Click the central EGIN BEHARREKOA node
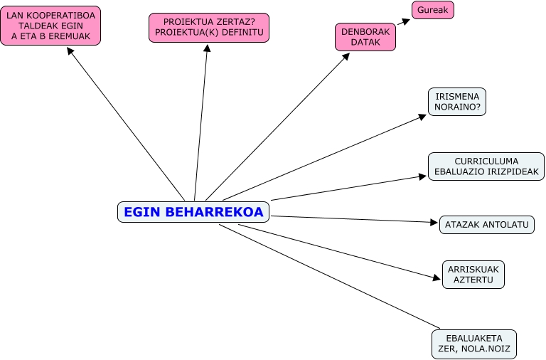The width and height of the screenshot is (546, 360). (193, 212)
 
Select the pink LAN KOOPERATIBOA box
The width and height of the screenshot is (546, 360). (50, 26)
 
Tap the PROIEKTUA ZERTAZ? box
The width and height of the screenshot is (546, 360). (209, 28)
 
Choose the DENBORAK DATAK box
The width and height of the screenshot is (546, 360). (365, 37)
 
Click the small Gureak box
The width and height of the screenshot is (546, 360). (432, 10)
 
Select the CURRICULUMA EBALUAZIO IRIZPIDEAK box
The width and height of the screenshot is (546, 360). (486, 166)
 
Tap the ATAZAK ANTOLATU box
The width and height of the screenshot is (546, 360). (486, 225)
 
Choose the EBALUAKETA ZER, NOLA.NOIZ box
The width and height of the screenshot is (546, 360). (474, 344)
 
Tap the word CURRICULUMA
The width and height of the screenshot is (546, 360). (487, 161)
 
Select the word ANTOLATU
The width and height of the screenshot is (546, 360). (504, 225)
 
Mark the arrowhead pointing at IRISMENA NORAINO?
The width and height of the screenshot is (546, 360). (422, 117)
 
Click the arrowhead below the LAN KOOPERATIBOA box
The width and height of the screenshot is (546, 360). (70, 51)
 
